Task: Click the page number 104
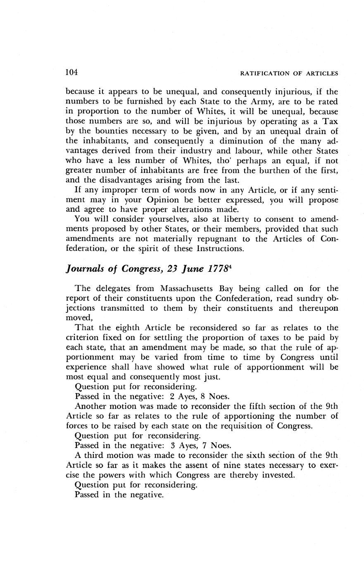point(72,72)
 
